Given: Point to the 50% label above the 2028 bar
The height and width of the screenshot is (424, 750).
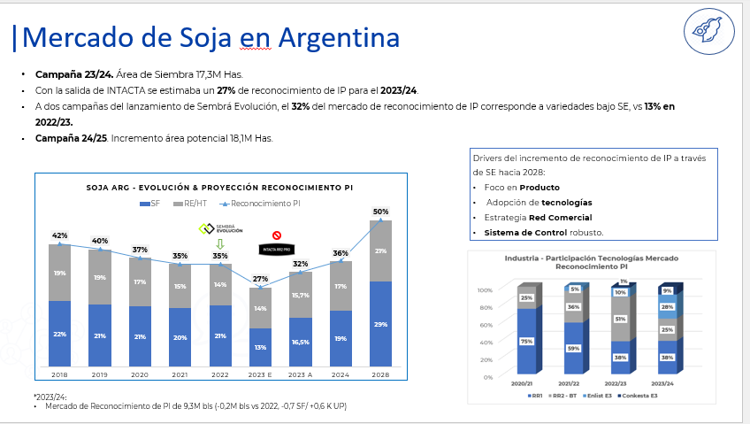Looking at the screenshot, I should pos(380,212).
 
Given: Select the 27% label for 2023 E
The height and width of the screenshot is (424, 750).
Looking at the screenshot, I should pos(260,279).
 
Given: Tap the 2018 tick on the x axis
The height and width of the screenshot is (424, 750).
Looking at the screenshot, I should pos(59,374).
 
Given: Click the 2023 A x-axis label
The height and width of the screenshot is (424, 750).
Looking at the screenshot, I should pos(300,374).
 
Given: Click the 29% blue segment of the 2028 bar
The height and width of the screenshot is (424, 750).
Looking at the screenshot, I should pos(380,325).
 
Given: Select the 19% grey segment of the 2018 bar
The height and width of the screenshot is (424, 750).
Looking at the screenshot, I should pos(59,273).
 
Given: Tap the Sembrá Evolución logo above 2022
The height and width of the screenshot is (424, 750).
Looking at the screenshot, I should pos(219,229).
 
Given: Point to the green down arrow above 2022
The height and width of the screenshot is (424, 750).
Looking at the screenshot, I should pos(220,243).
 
